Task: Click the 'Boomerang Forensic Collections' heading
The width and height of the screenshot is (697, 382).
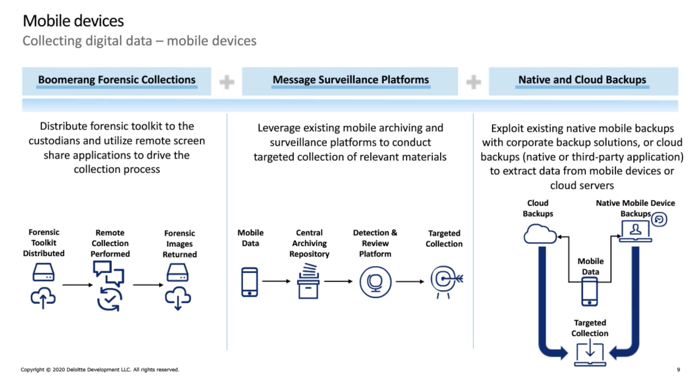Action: (x=116, y=80)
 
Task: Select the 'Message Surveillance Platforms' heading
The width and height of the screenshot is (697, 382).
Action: (x=351, y=80)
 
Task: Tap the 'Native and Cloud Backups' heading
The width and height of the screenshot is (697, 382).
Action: (x=582, y=80)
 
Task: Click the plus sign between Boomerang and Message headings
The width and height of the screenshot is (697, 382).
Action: (x=227, y=82)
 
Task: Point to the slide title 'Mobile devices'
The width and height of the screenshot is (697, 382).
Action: (x=73, y=21)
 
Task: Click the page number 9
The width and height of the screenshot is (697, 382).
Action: (x=678, y=369)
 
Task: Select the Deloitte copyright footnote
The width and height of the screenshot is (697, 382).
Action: (x=100, y=369)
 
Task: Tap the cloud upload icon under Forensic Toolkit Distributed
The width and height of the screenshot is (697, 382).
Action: (x=43, y=298)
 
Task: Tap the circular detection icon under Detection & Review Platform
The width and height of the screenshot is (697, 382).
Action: (x=375, y=282)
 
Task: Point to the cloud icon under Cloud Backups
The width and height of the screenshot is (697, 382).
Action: (x=540, y=234)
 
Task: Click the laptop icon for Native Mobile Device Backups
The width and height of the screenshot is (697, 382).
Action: (x=635, y=231)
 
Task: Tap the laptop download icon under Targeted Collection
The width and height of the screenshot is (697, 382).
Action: (x=590, y=355)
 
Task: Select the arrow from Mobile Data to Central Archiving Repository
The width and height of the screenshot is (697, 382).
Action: (x=276, y=281)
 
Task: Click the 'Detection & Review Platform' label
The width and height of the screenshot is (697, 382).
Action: (x=375, y=243)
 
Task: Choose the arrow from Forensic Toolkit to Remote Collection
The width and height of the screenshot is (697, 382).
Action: (x=78, y=285)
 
